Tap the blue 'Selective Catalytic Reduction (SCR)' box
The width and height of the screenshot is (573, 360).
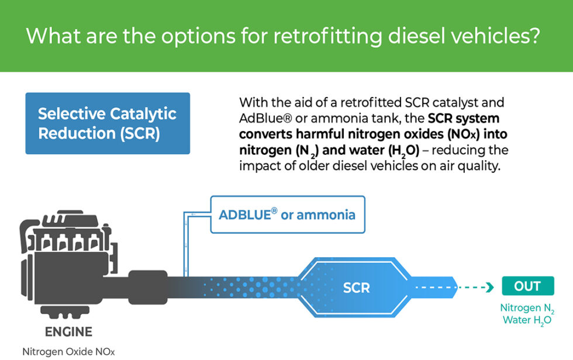108,123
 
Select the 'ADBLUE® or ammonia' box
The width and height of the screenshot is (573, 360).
286,214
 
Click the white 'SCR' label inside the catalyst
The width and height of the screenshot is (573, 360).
356,288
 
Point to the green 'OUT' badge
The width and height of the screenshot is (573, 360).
527,286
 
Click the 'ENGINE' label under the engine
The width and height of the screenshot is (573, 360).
68,332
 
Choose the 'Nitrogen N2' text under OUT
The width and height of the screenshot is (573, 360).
527,308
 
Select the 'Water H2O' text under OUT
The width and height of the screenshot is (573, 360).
527,320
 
